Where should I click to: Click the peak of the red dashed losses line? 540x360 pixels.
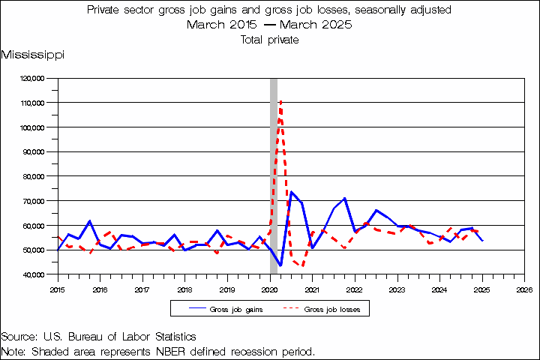pos(280,100)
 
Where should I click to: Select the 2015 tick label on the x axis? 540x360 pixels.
pos(58,289)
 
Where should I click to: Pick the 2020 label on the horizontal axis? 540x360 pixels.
pos(270,289)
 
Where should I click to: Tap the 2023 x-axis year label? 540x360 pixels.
pos(397,289)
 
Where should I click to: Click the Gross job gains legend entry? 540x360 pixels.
pos(220,309)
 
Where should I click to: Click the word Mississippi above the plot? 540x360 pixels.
pos(32,55)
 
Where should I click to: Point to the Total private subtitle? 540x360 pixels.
pos(269,40)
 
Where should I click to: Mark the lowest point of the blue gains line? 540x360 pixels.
pos(280,265)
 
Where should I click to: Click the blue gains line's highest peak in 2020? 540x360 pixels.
pos(292,193)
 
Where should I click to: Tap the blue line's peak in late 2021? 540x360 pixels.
pos(344,198)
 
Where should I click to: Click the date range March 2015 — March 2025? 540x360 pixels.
pos(269,25)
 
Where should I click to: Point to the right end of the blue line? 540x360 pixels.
pos(482,241)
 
